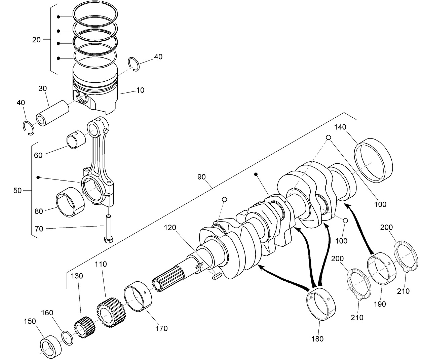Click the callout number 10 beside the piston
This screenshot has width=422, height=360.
tap(140, 90)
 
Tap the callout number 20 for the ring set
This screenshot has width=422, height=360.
tap(36, 40)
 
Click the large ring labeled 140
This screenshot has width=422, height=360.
tap(373, 160)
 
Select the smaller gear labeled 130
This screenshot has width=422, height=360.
tap(83, 327)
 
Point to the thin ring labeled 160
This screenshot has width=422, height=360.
tap(68, 337)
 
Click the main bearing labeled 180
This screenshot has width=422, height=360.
tap(321, 305)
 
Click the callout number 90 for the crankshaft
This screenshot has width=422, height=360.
tap(201, 177)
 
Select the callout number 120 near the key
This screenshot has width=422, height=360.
tap(170, 228)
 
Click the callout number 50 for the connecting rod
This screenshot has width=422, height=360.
tap(17, 191)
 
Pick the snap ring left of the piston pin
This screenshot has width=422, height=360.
tap(28, 128)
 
